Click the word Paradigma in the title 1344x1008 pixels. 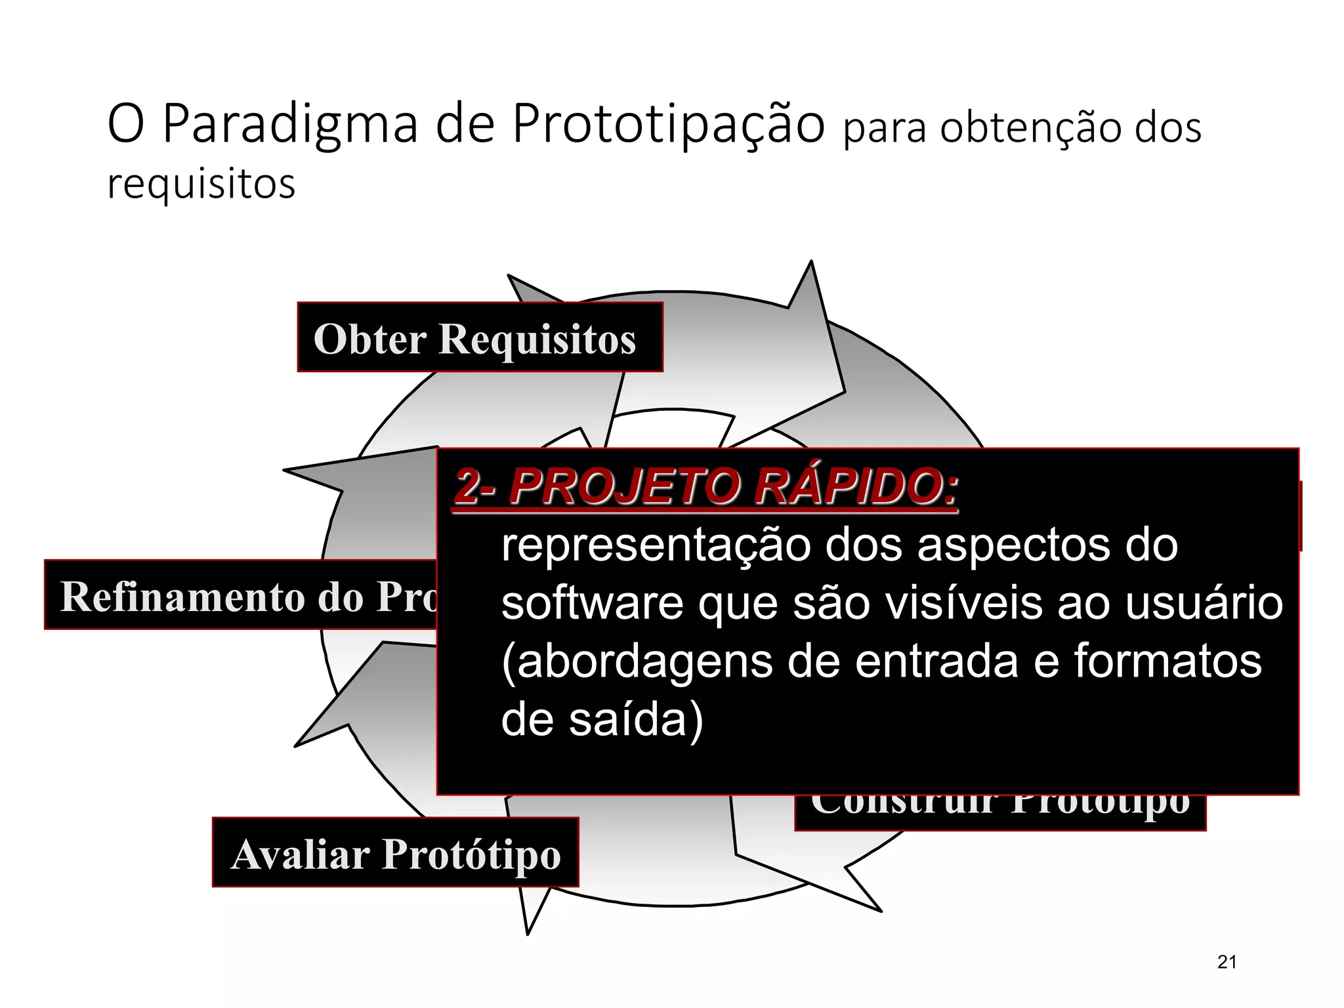pyautogui.click(x=289, y=125)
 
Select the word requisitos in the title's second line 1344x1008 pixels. pyautogui.click(x=201, y=184)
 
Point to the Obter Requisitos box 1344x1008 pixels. pyautogui.click(x=480, y=338)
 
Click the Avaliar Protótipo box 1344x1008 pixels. pyautogui.click(x=396, y=852)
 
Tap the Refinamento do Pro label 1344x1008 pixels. pyautogui.click(x=241, y=595)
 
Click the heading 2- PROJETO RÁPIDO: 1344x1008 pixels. pyautogui.click(x=705, y=488)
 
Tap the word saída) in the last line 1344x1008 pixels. pyautogui.click(x=635, y=720)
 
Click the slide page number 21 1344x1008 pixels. pyautogui.click(x=1227, y=962)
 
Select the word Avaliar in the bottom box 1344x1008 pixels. pyautogui.click(x=301, y=854)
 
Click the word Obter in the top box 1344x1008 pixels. pyautogui.click(x=370, y=339)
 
